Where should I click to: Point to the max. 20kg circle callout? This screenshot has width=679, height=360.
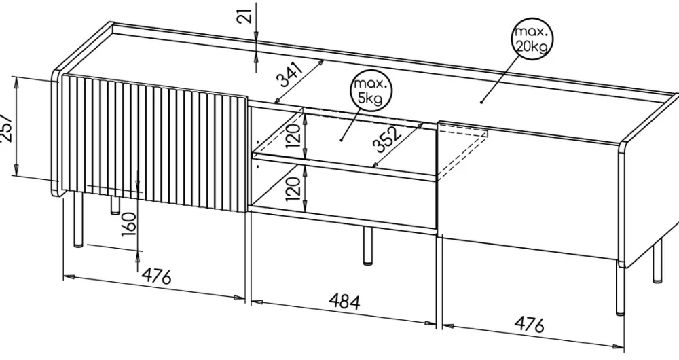532,39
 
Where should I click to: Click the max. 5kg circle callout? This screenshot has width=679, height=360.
371,91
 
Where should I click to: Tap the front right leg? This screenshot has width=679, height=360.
620,292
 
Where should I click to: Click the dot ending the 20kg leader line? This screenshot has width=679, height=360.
481,102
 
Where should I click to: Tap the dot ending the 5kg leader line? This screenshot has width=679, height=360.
342,139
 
